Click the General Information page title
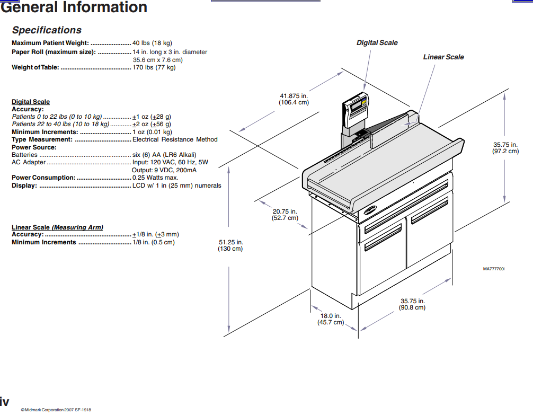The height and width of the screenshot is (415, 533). pos(74,7)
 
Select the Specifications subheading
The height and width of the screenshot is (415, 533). pos(47,30)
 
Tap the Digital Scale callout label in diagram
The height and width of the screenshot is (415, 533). pos(377,43)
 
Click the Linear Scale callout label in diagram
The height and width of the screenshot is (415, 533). pos(443,57)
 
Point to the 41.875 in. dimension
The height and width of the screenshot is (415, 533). pos(294,99)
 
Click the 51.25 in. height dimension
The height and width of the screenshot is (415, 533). pos(230,245)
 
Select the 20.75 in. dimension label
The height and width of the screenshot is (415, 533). pos(285,215)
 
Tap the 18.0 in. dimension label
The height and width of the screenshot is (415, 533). pos(330,319)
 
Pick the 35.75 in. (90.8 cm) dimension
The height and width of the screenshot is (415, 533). pos(412,304)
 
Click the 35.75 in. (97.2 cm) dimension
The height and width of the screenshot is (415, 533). pos(505,148)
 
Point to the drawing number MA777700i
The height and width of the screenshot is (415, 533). pos(494,269)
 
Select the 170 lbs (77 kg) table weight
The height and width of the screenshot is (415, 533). pos(154,67)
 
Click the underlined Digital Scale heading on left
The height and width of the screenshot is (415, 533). pos(31,102)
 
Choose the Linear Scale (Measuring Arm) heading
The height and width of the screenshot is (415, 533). pos(57,227)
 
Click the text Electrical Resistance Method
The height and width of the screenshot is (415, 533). pos(175,139)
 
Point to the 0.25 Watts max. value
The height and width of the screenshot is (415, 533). pos(155,178)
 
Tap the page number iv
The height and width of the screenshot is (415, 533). pos(4,401)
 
